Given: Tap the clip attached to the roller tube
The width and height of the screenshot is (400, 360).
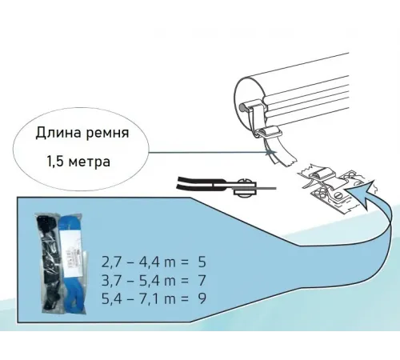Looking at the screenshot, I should coord(272,132).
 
